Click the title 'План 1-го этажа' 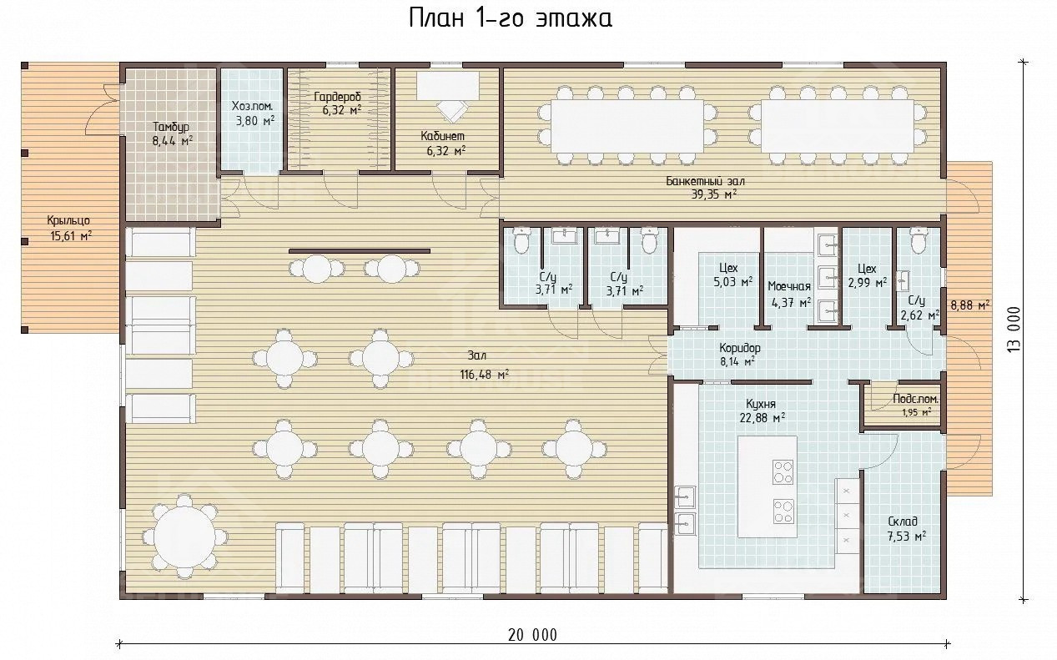[510, 19]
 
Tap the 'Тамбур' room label [171, 127]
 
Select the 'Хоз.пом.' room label [252, 106]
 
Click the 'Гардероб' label [337, 97]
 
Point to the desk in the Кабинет [447, 85]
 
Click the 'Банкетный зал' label [705, 181]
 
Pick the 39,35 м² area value [713, 194]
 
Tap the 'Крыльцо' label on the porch [68, 220]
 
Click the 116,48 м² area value [484, 375]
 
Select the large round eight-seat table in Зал [184, 537]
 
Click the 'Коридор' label [739, 348]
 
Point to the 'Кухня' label [760, 404]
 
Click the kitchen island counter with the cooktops [768, 486]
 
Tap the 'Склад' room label [902, 521]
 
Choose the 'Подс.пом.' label [915, 399]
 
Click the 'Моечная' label [789, 286]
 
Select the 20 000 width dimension [532, 635]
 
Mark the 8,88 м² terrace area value [969, 305]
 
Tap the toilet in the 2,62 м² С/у [919, 239]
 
